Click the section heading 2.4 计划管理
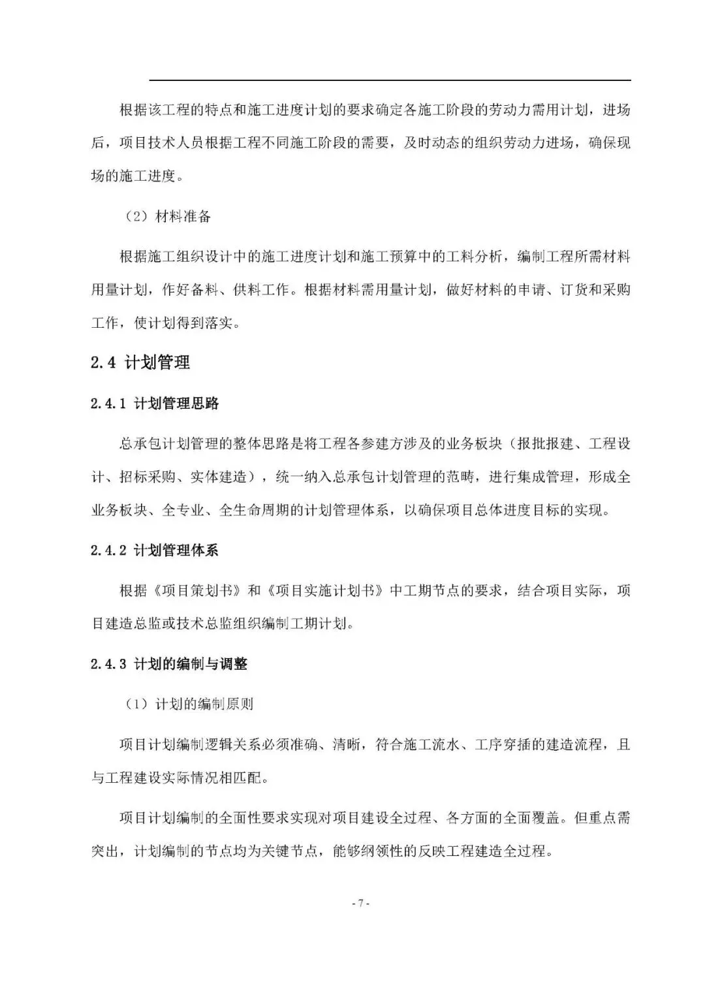click(140, 363)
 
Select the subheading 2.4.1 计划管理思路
click(155, 404)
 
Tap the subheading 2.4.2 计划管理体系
click(155, 550)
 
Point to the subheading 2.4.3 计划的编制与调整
click(169, 664)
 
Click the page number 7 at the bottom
click(361, 904)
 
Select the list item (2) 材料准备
click(167, 217)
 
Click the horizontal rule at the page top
click(390, 80)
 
